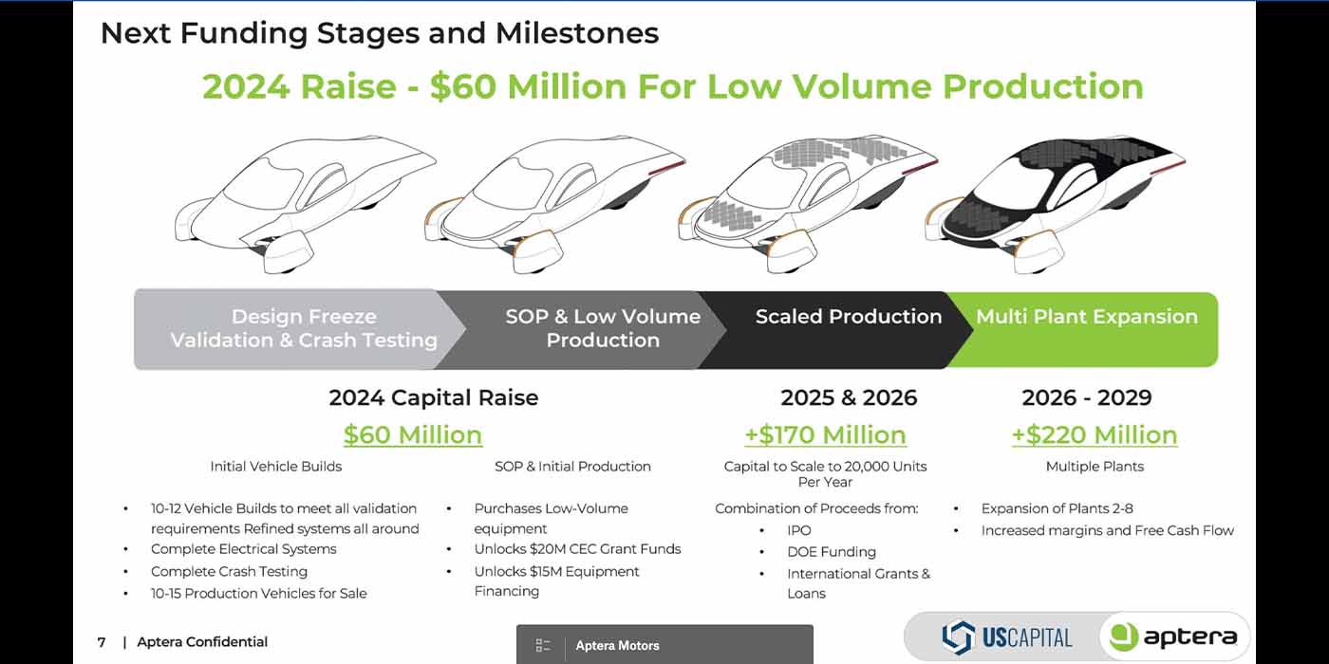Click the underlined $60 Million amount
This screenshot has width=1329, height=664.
(x=413, y=434)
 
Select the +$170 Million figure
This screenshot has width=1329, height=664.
(x=825, y=434)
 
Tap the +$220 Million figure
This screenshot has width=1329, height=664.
(x=1095, y=434)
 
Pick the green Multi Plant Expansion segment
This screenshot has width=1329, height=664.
(x=1086, y=329)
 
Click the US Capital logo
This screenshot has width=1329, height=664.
(x=1007, y=637)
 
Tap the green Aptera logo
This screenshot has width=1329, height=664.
(x=1175, y=636)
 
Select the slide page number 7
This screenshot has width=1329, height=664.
(x=102, y=642)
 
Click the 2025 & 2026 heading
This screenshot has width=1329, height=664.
(x=849, y=397)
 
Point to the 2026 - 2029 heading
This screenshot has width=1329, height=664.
(x=1087, y=397)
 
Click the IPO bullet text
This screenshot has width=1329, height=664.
(x=798, y=530)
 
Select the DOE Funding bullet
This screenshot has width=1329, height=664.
(x=832, y=552)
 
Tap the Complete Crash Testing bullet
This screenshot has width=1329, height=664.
(x=229, y=571)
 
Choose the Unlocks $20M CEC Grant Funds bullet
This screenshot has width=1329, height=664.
(x=577, y=549)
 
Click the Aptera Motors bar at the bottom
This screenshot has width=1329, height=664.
(x=664, y=644)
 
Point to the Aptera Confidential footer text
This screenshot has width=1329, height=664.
(x=201, y=642)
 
